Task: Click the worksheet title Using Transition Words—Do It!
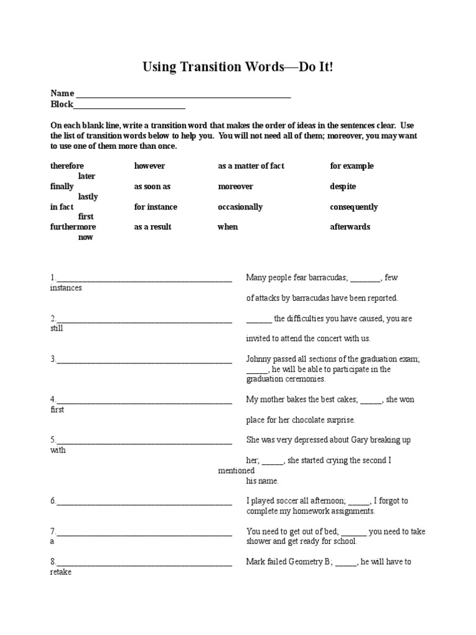(x=238, y=66)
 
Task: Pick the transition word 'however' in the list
(x=149, y=166)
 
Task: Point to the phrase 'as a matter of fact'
(x=251, y=166)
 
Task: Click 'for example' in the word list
(x=351, y=166)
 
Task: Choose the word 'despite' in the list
(x=343, y=187)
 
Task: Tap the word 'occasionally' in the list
(x=240, y=207)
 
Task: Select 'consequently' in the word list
(x=353, y=207)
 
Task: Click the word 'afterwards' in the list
(x=350, y=227)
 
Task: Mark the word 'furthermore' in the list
(x=73, y=227)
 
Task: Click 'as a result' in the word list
(x=152, y=227)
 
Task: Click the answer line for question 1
(x=144, y=280)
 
